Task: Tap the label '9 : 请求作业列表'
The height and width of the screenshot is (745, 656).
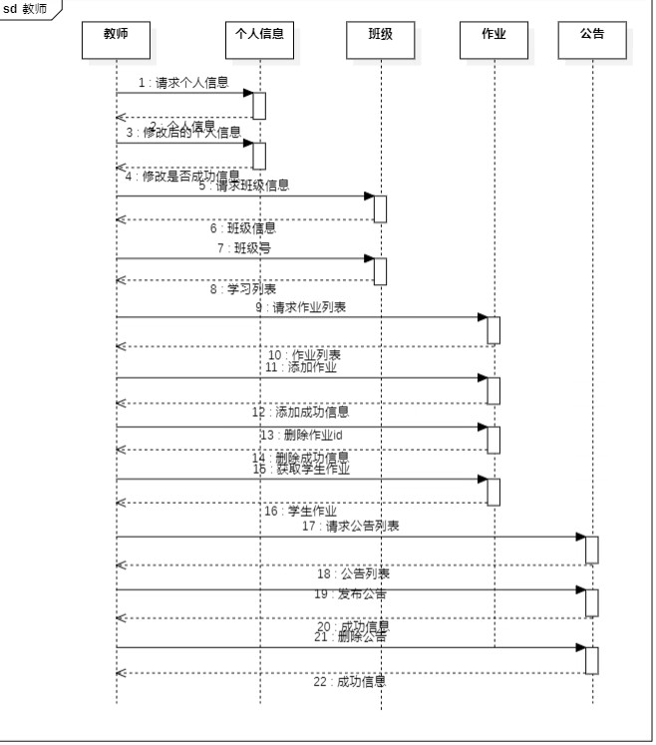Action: click(x=301, y=307)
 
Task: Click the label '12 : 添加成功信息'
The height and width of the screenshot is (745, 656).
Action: click(x=300, y=411)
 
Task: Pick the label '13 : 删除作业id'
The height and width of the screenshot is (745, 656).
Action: click(x=301, y=435)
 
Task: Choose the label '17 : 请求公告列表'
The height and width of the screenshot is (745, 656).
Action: click(x=351, y=526)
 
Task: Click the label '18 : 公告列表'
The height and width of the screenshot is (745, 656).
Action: click(x=353, y=573)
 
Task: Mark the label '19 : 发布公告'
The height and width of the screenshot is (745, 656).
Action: click(x=351, y=594)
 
